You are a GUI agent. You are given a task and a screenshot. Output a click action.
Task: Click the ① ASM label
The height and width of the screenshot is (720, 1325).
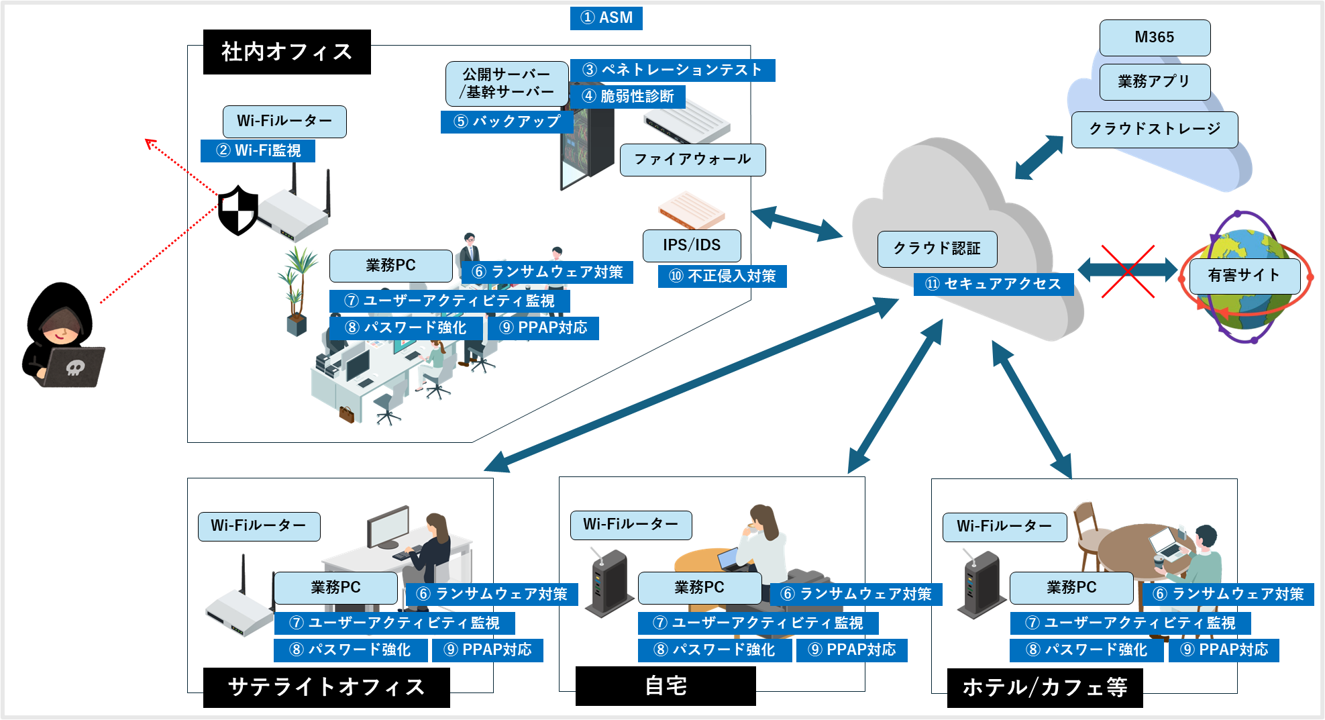[606, 18]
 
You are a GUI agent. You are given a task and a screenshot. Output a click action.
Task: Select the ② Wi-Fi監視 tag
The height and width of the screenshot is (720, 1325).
[258, 150]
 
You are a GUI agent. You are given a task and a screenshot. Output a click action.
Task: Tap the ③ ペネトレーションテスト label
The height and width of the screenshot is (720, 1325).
[672, 70]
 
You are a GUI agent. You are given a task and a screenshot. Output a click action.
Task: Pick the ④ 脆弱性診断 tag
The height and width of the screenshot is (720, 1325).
[627, 96]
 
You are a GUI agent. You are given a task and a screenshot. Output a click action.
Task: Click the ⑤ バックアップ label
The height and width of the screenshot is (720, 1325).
[507, 121]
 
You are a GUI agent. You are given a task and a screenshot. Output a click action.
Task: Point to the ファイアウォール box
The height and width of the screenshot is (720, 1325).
[692, 160]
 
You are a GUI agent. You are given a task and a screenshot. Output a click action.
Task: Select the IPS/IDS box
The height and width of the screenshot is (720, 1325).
[692, 246]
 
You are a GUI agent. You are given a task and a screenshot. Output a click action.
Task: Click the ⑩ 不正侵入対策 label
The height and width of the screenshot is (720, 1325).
[723, 276]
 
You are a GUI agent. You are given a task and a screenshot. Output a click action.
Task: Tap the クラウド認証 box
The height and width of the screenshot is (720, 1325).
[937, 249]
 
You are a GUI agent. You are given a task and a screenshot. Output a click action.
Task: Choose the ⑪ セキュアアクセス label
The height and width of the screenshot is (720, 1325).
[994, 284]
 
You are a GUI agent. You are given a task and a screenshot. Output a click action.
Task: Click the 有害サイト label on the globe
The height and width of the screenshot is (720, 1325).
[1244, 275]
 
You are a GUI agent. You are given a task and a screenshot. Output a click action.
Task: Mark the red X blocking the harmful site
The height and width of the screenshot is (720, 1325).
[1127, 271]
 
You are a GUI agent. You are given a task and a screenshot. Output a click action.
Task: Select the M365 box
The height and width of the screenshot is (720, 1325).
[1155, 38]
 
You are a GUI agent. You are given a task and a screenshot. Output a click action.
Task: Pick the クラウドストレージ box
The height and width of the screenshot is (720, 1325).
[1155, 129]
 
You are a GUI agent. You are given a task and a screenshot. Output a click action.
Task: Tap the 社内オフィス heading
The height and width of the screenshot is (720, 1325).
[286, 52]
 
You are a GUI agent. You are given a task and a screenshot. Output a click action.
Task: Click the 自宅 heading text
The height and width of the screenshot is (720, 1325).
[666, 686]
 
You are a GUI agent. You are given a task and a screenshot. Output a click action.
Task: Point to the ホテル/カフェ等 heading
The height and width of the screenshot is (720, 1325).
[1045, 687]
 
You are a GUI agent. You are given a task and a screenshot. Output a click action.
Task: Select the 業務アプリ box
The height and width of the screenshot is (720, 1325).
[1155, 82]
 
